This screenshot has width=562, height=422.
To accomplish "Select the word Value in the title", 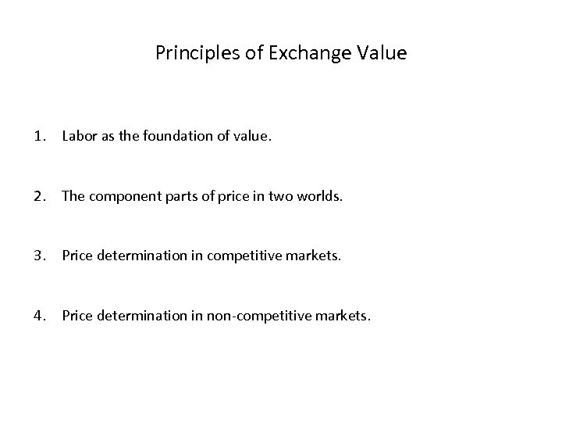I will [380, 53].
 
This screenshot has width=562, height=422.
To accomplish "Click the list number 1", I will [38, 136].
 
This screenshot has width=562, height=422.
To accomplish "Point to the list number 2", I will [38, 196].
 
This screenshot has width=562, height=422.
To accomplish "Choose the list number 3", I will [38, 256].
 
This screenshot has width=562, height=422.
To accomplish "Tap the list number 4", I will [38, 316].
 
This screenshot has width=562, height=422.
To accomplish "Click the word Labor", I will [78, 136].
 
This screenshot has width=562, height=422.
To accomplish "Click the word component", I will [121, 196].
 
